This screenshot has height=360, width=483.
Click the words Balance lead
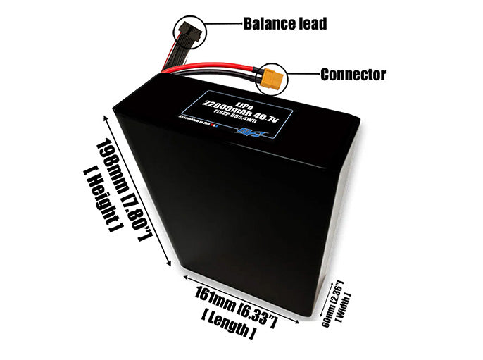pyautogui.click(x=284, y=24)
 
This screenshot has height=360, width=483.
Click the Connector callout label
pyautogui.click(x=353, y=74)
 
